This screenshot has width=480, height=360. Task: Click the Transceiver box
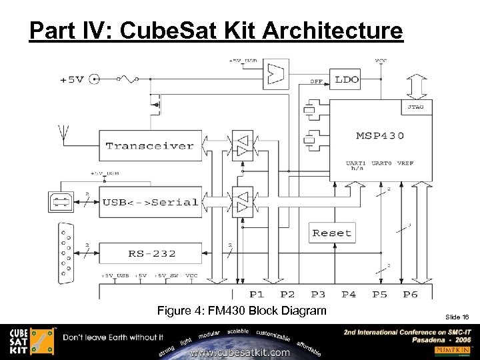click(150, 145)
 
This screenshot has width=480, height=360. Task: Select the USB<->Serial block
click(150, 202)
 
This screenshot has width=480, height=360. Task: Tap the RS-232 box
click(151, 253)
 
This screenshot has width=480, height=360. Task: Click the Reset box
click(332, 233)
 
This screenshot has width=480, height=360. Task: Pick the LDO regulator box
click(346, 79)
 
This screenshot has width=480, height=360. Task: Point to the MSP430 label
click(379, 136)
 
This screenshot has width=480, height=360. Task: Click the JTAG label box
click(415, 107)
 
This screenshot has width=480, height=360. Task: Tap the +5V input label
click(72, 79)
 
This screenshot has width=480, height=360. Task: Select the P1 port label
click(257, 294)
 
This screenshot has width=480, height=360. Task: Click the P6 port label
click(411, 294)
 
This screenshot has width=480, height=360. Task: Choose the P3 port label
click(318, 294)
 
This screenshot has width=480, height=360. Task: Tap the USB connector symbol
click(60, 201)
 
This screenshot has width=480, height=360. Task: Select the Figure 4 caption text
click(241, 311)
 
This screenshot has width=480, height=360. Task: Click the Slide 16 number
click(457, 317)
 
